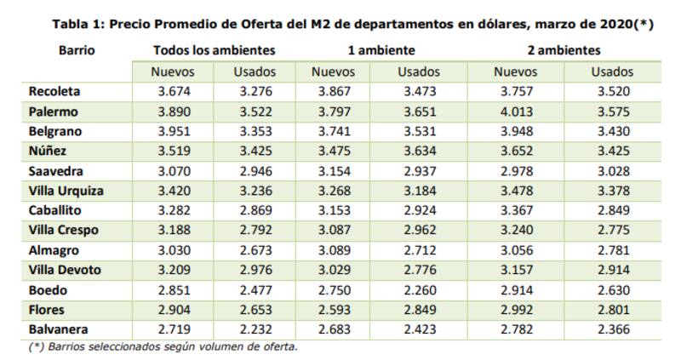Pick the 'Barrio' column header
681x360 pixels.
tap(77, 51)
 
